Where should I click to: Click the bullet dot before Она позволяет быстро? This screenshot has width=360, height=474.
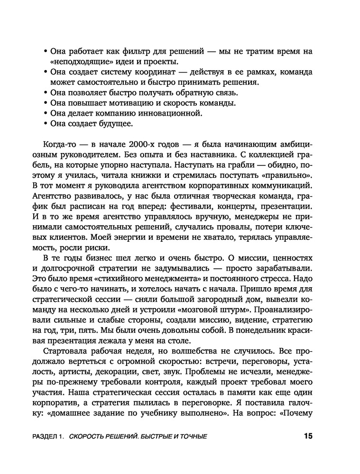[45, 92]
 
